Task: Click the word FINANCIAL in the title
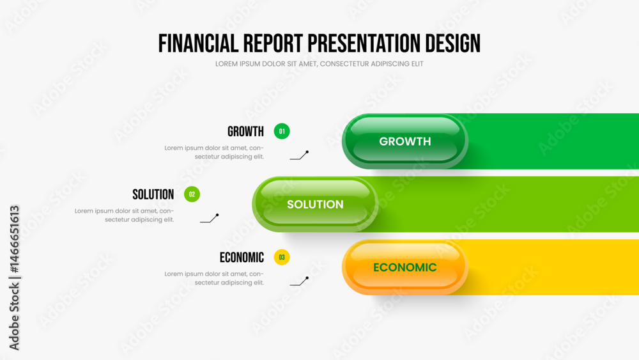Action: (x=199, y=43)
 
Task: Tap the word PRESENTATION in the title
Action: (x=364, y=43)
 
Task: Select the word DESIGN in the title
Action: (x=453, y=43)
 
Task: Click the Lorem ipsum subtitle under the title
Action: (x=319, y=64)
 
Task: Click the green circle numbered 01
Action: (x=282, y=131)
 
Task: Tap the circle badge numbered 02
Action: (x=192, y=194)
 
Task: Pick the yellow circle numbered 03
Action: (x=282, y=257)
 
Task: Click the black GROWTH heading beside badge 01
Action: (x=246, y=131)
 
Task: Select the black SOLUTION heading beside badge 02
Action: (x=153, y=194)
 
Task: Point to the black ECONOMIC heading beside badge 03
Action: (x=242, y=258)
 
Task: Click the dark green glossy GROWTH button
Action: (x=404, y=141)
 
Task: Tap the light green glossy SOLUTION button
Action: (x=315, y=204)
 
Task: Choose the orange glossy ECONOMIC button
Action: (x=404, y=267)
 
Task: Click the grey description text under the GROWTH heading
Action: (x=214, y=152)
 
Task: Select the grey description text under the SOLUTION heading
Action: (x=125, y=215)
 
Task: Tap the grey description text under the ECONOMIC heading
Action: (x=214, y=278)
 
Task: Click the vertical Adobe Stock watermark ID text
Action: (x=14, y=278)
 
